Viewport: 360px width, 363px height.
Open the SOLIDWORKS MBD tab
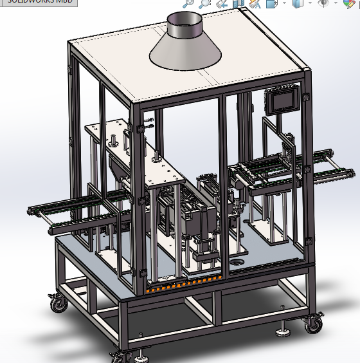pos(38,2)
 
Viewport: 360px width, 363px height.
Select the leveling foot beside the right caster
pos(283,331)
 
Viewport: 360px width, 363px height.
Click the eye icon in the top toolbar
pos(323,3)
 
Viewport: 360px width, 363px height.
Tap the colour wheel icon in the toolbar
pos(348,3)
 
